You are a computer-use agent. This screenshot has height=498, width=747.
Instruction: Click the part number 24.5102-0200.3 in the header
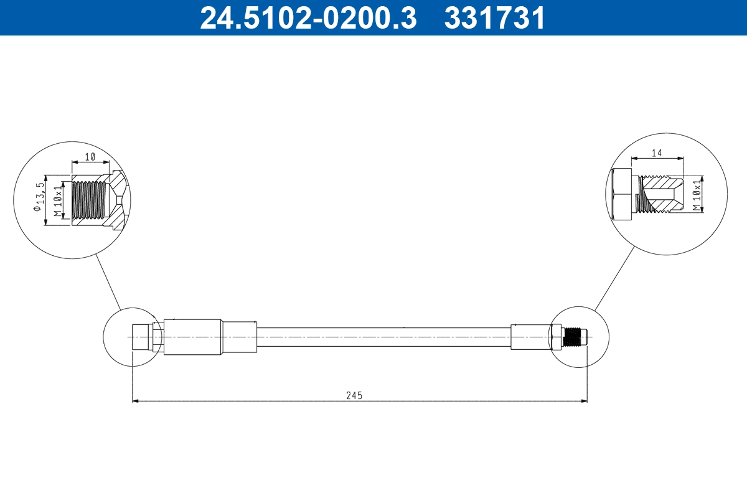(x=308, y=17)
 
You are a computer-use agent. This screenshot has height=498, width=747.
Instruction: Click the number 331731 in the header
(x=495, y=17)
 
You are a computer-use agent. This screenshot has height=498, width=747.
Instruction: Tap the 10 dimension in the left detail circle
(x=90, y=157)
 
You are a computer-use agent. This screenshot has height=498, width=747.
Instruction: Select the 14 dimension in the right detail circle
(x=656, y=153)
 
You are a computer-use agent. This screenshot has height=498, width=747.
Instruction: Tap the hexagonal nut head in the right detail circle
(x=622, y=194)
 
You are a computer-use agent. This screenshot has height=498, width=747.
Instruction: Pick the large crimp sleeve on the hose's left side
(x=192, y=337)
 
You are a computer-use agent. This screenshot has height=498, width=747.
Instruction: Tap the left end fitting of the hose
(x=143, y=337)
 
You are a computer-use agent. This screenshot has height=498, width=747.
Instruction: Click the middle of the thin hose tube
(x=383, y=337)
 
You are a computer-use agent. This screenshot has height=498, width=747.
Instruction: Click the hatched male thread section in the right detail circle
(x=661, y=194)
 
